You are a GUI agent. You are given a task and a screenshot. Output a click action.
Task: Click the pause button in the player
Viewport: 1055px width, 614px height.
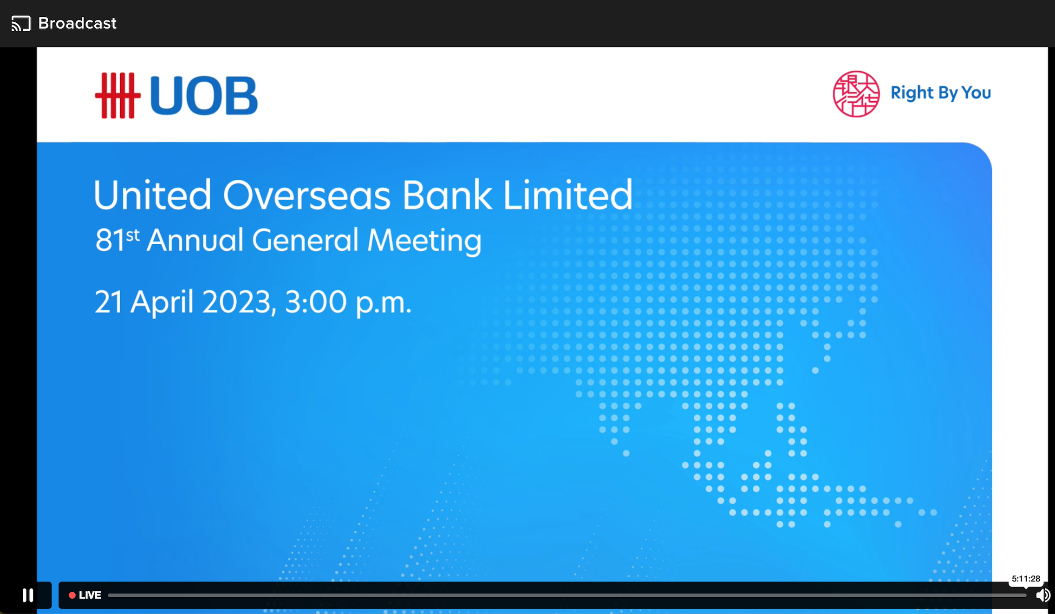tap(28, 595)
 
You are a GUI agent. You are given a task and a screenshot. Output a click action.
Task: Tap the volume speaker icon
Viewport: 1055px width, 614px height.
tap(1042, 595)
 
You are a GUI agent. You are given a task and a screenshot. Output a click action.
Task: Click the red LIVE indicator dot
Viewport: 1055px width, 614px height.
tap(72, 595)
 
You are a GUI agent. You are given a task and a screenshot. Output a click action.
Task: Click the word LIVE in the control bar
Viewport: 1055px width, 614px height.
tap(90, 595)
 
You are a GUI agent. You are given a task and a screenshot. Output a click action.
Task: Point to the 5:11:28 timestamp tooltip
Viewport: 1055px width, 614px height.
tap(1026, 579)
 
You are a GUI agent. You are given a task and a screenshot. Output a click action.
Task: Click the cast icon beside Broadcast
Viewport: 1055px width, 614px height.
tap(21, 23)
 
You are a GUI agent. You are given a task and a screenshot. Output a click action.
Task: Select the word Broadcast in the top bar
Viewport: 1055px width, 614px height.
tap(77, 23)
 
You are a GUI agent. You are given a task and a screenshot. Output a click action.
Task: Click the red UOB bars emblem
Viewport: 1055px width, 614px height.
tap(117, 95)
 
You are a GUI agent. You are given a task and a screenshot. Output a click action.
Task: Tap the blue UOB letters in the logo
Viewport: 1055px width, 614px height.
tap(203, 96)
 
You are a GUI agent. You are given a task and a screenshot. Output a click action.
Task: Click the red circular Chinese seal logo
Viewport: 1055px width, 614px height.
tap(856, 94)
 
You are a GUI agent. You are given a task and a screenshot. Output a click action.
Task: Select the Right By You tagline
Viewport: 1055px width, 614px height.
tap(940, 93)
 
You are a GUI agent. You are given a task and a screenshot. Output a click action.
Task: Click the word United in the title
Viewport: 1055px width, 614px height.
tap(152, 196)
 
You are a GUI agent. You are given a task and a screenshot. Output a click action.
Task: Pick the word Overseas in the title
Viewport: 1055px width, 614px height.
tap(306, 196)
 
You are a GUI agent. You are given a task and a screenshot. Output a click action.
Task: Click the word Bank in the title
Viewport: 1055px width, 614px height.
tap(447, 196)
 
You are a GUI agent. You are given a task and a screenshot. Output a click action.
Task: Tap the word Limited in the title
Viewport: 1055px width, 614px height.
tap(567, 196)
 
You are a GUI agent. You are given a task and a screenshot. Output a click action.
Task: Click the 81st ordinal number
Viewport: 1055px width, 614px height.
tap(117, 240)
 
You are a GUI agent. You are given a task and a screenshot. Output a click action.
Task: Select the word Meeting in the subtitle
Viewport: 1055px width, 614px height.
tap(424, 241)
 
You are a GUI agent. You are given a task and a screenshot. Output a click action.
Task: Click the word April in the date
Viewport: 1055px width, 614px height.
tap(162, 302)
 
